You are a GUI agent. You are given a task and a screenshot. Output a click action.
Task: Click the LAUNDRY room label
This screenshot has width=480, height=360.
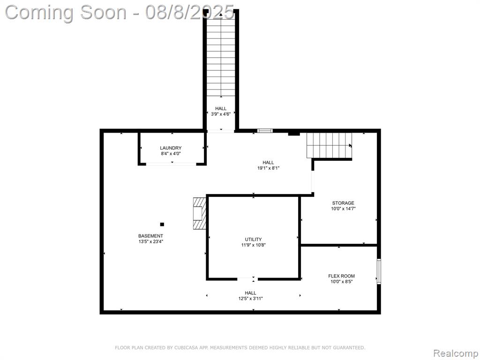[171, 148]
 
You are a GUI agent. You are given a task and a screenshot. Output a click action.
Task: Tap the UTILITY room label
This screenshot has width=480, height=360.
[253, 240]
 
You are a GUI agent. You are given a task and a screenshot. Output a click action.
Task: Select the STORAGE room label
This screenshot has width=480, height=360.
[343, 203]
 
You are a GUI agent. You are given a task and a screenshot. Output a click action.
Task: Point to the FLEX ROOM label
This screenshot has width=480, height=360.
[341, 276]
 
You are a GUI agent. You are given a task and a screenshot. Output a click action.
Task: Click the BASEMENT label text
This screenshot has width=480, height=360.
[150, 236]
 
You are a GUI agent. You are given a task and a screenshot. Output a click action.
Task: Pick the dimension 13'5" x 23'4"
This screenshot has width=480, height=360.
[150, 241]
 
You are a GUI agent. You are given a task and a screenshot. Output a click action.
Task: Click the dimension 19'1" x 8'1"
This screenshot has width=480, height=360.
[268, 168]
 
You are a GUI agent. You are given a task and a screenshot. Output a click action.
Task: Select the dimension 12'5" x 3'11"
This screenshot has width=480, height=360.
[250, 299]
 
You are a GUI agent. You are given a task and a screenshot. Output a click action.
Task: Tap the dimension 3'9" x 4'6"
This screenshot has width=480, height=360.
[221, 114]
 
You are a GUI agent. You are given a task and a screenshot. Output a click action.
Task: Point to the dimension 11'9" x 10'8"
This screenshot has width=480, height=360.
[253, 245]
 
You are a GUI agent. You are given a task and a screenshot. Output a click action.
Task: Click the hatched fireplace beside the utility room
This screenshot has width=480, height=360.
[199, 213]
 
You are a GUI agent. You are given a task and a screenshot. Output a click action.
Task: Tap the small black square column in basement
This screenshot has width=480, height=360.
[162, 225]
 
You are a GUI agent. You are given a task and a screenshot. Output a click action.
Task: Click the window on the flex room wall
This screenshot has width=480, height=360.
[379, 271]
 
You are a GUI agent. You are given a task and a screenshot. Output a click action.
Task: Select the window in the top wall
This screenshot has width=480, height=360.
[265, 131]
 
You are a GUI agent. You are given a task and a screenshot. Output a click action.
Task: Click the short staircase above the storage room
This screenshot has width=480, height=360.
[330, 145]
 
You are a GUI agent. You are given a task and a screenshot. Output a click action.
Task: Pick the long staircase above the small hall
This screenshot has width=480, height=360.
[221, 54]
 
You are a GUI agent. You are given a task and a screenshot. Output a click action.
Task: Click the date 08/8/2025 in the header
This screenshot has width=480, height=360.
[190, 12]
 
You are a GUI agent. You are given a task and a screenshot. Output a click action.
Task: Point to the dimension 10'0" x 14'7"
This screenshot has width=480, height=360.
[343, 209]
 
